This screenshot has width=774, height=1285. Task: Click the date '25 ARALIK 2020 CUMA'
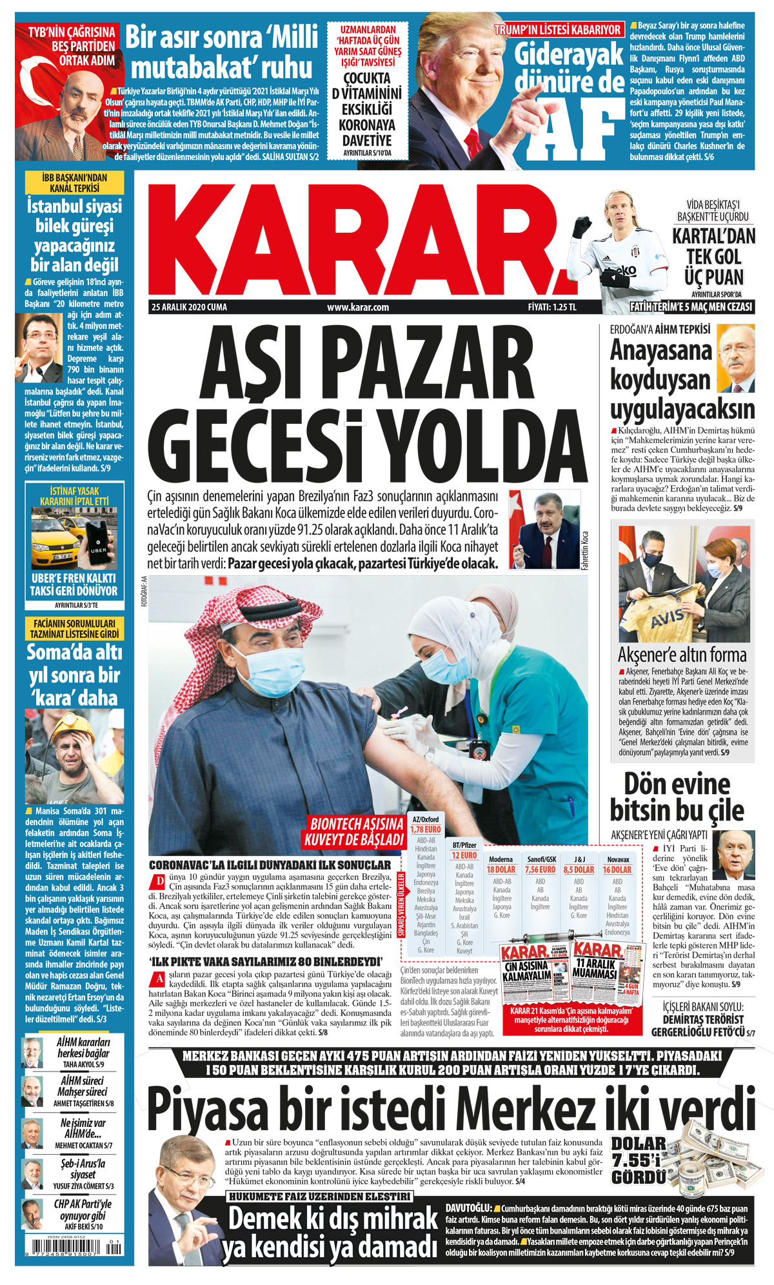point(189,307)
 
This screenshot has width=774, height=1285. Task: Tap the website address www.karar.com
point(357,307)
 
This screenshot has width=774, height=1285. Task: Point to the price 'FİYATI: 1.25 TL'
point(551,307)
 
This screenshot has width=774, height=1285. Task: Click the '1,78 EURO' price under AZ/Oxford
point(425,830)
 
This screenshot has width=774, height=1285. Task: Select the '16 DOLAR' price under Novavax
point(617,870)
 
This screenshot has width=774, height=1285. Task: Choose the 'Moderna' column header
point(501,859)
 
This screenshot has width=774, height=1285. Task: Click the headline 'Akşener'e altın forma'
point(682,655)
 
